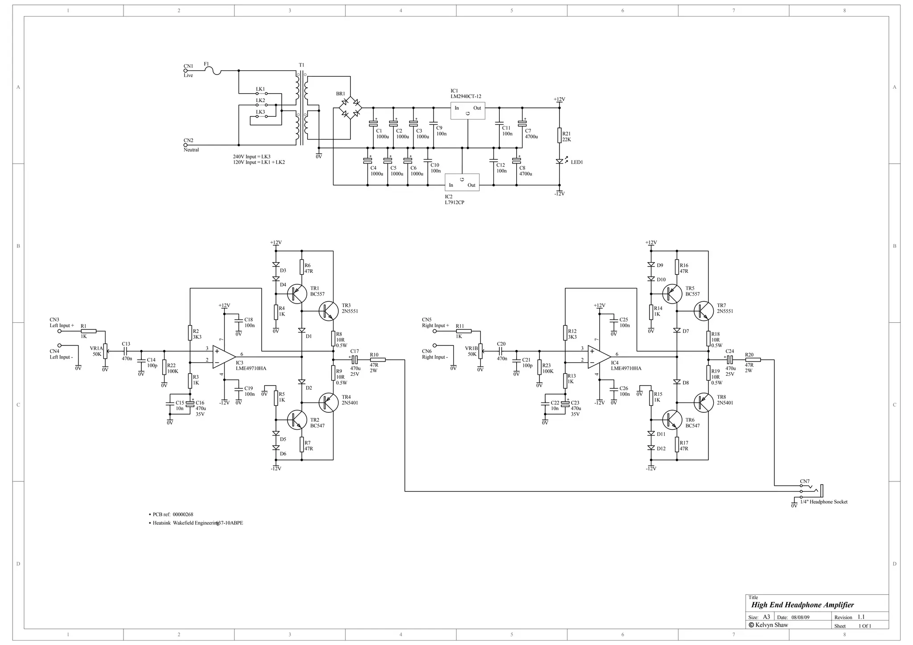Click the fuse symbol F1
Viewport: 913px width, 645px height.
click(216, 70)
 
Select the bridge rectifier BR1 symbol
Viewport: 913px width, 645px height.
click(350, 108)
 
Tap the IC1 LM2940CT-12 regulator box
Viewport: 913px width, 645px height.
click(467, 111)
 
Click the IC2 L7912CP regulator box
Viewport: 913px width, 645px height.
click(462, 182)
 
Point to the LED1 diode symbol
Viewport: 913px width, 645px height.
click(559, 161)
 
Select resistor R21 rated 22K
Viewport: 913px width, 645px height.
click(559, 136)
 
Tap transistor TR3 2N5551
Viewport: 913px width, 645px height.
click(329, 311)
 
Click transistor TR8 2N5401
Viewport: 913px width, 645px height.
click(703, 403)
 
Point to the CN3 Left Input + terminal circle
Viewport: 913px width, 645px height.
click(59, 331)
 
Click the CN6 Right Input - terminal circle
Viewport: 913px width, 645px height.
click(434, 345)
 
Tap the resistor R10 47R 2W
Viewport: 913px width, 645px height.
click(378, 360)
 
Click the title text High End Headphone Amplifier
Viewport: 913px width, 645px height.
click(802, 605)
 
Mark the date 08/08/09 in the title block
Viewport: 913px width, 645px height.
click(800, 617)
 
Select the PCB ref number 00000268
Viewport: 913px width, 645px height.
click(183, 514)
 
